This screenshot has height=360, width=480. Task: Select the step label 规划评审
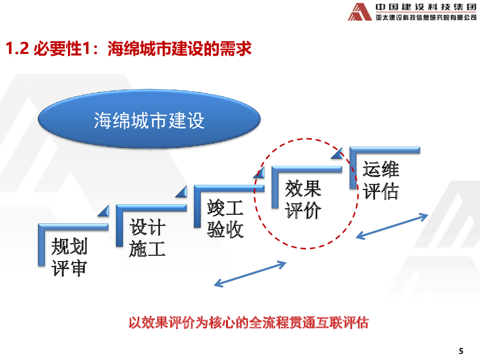(x=69, y=257)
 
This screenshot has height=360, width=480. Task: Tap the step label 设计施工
(x=147, y=238)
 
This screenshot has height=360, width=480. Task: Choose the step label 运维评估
(x=381, y=180)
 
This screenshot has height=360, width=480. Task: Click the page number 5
(x=461, y=351)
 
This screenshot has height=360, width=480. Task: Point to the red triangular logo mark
(x=360, y=12)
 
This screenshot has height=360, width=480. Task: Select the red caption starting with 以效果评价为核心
(x=248, y=322)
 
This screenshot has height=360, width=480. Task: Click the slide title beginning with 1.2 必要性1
(x=128, y=48)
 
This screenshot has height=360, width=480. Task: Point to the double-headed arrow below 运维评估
(x=392, y=226)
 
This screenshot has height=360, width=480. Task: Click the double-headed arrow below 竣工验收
(x=250, y=273)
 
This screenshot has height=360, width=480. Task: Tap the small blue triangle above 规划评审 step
(x=104, y=212)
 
